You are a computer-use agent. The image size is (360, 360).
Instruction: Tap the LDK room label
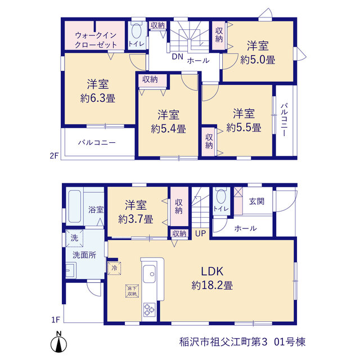(212, 272)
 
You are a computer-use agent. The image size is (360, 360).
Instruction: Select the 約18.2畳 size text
(212, 285)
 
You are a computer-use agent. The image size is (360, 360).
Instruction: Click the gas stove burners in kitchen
(149, 310)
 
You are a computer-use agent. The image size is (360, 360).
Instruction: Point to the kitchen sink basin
(149, 274)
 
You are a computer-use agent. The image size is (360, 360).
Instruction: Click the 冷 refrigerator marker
(114, 268)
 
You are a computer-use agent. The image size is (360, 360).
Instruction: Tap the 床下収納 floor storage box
(132, 291)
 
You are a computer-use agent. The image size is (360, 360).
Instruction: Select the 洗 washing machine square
(74, 238)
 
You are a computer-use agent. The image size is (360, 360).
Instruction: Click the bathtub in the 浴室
(75, 206)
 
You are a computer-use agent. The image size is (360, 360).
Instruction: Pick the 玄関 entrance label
(256, 201)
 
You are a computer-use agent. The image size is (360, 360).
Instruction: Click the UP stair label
(200, 233)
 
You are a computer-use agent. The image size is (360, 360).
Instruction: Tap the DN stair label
(178, 56)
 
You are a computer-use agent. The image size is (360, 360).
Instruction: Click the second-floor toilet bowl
(137, 31)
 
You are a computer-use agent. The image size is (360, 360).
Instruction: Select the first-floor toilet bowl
(221, 196)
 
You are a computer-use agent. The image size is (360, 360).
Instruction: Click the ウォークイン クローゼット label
(96, 40)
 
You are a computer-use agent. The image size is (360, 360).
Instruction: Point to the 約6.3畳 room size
(97, 98)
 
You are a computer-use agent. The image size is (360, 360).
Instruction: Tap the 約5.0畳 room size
(258, 60)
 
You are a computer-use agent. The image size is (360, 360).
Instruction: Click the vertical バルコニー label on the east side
(284, 120)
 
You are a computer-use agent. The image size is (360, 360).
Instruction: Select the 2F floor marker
(54, 156)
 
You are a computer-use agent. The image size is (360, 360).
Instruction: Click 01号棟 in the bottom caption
(290, 342)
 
